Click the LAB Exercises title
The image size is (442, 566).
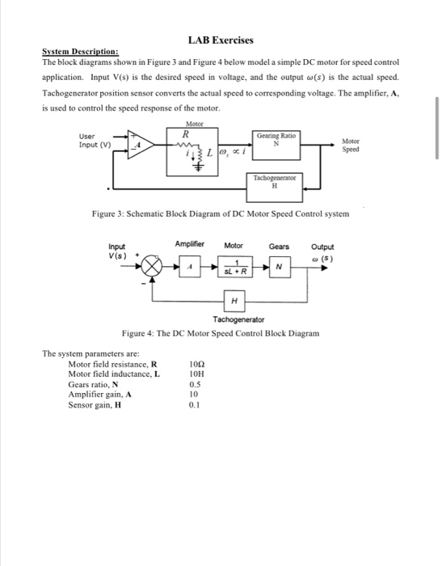pyautogui.click(x=221, y=40)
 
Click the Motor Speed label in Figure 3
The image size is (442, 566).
pyautogui.click(x=351, y=146)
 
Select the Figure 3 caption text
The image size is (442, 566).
pyautogui.click(x=221, y=213)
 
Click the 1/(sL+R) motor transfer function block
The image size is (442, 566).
pyautogui.click(x=234, y=267)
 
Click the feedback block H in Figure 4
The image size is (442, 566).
pyautogui.click(x=234, y=301)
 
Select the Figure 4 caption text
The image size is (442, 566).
pyautogui.click(x=221, y=333)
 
